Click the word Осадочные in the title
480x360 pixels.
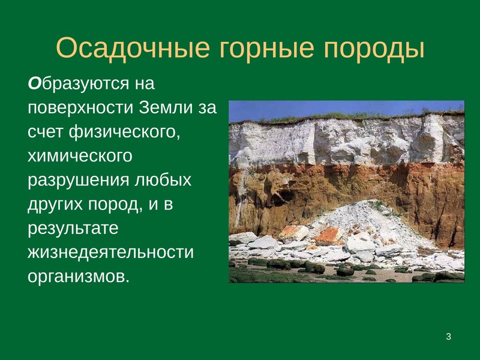[x=133, y=49]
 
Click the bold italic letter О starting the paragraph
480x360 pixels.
[x=34, y=83]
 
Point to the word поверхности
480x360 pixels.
[x=81, y=109]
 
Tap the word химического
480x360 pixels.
[x=80, y=156]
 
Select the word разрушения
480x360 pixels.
[x=79, y=181]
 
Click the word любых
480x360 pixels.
[x=163, y=179]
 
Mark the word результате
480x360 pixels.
[x=73, y=229]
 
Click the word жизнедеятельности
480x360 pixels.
[x=111, y=253]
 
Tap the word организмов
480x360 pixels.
[x=79, y=277]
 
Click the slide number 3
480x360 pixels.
[x=448, y=337]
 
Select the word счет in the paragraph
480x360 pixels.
[x=46, y=132]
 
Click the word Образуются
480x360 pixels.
[x=91, y=84]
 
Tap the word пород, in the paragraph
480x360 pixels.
[x=116, y=205]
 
